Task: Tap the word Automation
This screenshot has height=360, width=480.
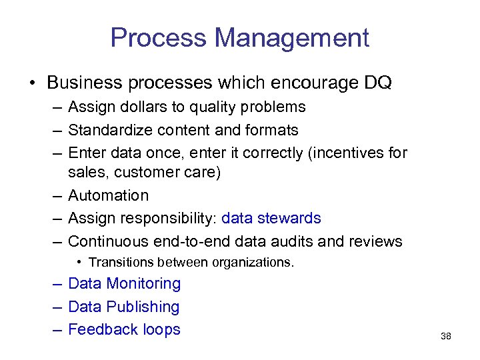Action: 108,195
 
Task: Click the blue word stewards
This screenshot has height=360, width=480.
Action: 291,218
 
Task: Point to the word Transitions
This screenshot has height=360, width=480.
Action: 117,262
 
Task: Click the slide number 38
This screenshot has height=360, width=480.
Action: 446,336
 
